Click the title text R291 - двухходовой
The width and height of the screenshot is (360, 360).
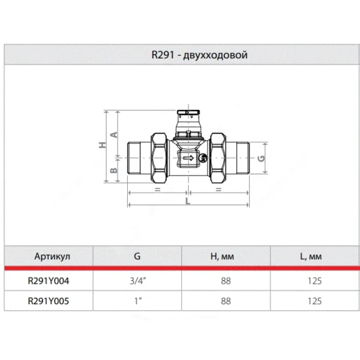pos(200,55)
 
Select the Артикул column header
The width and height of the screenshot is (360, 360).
pos(52,256)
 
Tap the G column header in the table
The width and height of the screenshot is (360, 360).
pos(137,256)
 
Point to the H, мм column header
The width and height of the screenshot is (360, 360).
pos(222,256)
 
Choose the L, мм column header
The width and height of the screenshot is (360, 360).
pos(311,256)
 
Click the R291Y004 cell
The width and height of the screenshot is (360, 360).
pos(49,281)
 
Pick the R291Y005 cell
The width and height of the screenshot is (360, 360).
pos(49,301)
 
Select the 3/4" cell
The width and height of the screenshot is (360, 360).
pos(138,281)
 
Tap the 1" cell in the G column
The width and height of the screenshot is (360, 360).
pos(138,301)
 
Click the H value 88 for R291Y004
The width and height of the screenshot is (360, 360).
pos(226,281)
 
